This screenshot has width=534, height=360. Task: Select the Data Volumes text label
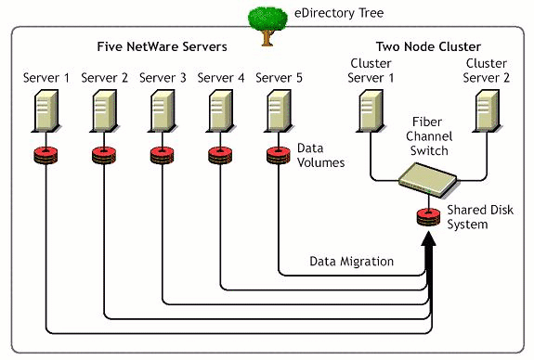tap(320, 154)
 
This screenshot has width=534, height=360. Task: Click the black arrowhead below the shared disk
tap(428, 251)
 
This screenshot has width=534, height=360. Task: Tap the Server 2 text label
tap(104, 77)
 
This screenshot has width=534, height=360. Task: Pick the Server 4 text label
tap(221, 77)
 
